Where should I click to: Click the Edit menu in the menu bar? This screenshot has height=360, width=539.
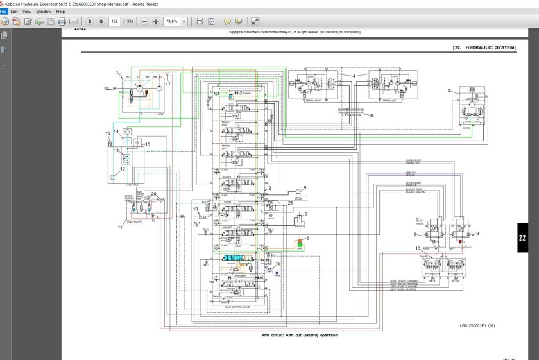13,12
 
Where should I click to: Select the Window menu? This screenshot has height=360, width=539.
44,12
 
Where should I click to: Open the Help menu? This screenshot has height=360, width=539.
61,12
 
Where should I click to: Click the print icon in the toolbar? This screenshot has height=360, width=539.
62,21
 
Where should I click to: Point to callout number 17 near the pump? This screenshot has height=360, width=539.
168,84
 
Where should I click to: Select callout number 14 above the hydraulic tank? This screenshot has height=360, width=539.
116,131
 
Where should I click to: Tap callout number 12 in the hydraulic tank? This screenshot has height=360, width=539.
122,169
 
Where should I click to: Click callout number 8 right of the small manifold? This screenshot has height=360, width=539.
371,116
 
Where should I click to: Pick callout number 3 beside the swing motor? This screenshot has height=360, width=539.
449,90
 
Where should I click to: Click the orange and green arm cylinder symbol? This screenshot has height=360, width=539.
299,243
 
